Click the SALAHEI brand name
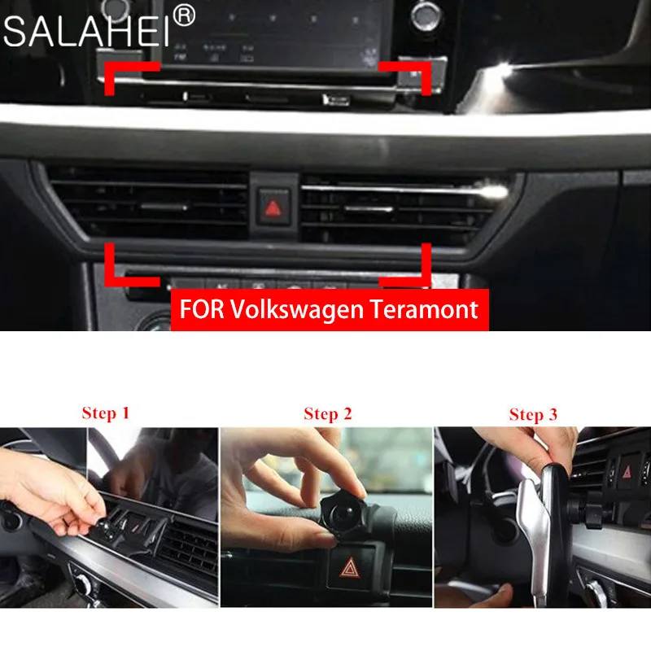pos(85,32)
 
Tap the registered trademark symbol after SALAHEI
pos(185,15)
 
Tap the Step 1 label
pos(105,413)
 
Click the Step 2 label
pos(327,413)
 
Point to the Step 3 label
pos(533,414)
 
